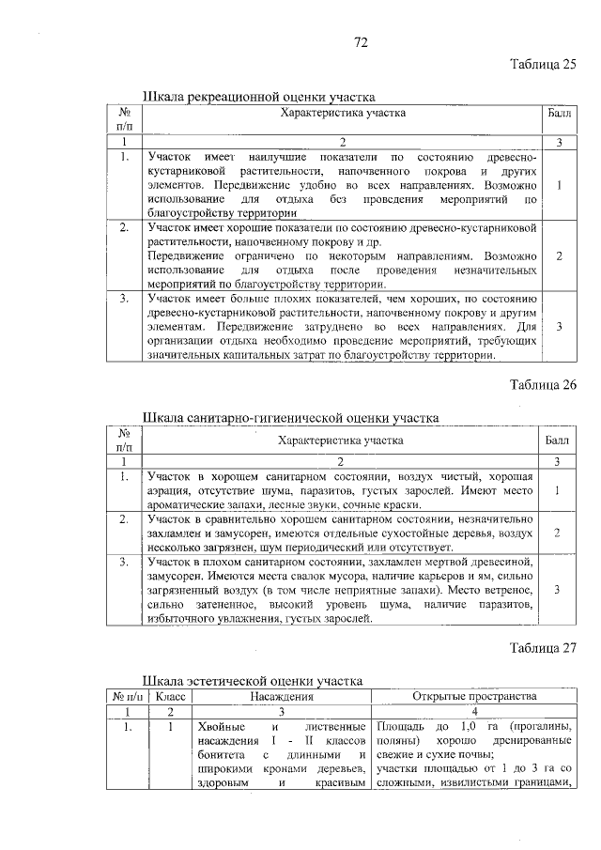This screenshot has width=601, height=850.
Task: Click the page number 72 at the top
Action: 361,42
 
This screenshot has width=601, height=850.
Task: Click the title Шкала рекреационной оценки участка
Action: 258,97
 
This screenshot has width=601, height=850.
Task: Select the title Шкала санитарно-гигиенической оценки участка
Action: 290,417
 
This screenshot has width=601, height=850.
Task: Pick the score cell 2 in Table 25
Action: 559,255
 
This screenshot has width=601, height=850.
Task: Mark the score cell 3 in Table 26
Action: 559,589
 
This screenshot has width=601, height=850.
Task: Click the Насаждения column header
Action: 282,697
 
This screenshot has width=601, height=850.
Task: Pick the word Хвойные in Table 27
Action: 222,728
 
